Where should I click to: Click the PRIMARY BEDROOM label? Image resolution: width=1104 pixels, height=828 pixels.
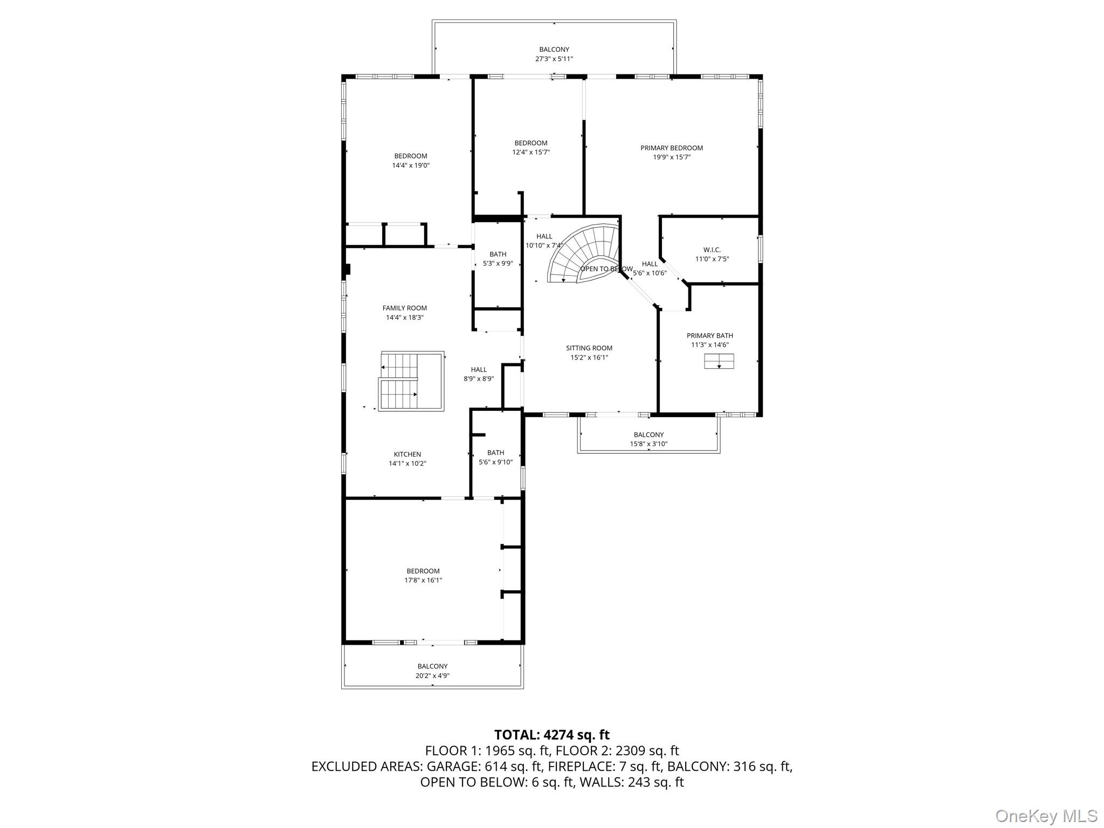(671, 148)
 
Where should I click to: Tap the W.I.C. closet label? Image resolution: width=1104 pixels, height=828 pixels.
(712, 250)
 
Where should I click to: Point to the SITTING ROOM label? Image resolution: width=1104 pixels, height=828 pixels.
(589, 348)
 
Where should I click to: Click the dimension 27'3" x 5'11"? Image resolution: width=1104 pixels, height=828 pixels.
(554, 59)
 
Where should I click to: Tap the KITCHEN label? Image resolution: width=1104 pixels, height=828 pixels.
(407, 454)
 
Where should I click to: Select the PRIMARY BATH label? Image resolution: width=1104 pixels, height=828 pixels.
(709, 335)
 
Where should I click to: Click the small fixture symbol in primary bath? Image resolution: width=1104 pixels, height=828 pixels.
(719, 361)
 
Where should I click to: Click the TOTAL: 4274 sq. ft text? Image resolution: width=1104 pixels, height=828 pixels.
(551, 735)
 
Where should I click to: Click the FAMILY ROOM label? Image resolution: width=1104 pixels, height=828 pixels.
(404, 308)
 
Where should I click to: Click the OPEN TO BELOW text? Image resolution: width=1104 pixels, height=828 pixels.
(606, 268)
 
